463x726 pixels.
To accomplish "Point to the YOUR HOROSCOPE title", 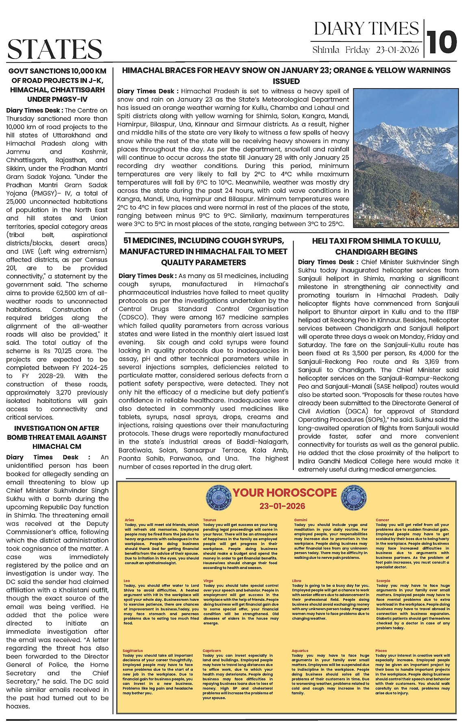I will point(285,493).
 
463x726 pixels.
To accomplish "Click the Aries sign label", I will point(129,520).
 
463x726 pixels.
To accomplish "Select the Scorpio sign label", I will point(383,581).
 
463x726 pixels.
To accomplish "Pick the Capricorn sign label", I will point(212,651).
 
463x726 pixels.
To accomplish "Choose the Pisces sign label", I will point(381,651).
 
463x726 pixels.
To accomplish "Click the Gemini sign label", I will point(301,520).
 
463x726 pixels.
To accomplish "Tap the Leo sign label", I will point(127,581).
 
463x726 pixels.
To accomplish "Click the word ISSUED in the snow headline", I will point(286,81).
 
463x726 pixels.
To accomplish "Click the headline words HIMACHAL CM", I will point(57,446).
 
